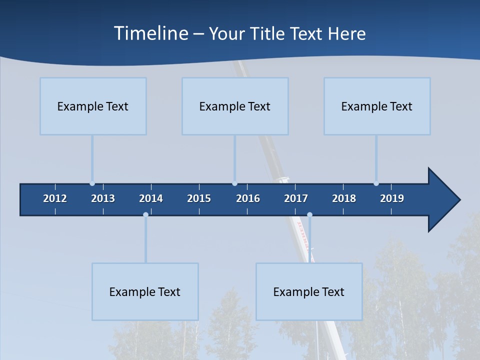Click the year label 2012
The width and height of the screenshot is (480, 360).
coord(55,198)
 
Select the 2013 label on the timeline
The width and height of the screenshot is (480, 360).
coord(103,198)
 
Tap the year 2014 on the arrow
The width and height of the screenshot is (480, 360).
coord(151,198)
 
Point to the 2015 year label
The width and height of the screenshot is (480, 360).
coord(199,198)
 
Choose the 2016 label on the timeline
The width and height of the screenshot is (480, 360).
coord(248,198)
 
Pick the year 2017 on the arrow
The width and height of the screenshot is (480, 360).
coord(296,198)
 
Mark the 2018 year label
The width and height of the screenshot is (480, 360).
coord(344,198)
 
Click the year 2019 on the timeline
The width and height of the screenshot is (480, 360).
coord(392,198)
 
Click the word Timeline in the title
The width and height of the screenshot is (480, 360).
coord(150,33)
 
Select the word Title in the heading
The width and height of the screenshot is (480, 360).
coord(268,33)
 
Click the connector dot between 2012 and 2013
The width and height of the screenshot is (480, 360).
coord(92,183)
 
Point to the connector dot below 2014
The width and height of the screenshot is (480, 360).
coord(145,215)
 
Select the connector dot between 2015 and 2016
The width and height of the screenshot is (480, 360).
coord(234,183)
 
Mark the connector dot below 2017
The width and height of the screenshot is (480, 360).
coord(309,215)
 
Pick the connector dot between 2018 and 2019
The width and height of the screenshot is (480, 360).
coord(376,183)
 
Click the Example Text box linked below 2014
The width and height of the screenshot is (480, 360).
coord(145,291)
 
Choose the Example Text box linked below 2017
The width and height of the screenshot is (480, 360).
coord(309,291)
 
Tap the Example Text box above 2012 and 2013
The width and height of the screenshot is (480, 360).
coord(93,106)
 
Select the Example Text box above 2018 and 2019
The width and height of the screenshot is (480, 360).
coord(377,106)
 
